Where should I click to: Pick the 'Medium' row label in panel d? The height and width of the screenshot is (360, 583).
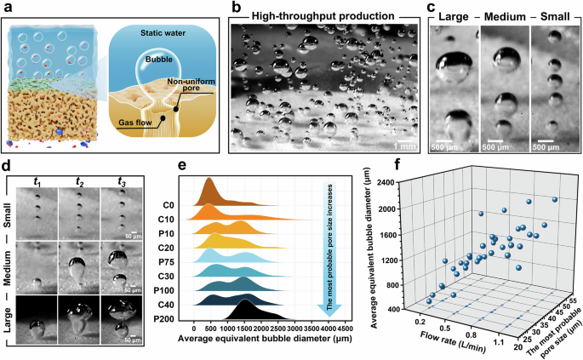[9, 271]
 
